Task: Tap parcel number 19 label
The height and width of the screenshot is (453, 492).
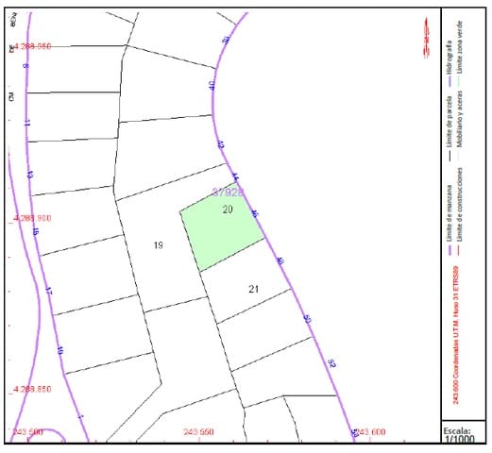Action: tap(159, 245)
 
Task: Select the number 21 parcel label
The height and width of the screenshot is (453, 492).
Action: tap(253, 288)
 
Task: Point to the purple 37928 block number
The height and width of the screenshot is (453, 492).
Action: tap(228, 192)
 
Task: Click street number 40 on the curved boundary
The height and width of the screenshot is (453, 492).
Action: tap(212, 85)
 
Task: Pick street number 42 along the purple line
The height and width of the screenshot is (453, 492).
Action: tap(220, 145)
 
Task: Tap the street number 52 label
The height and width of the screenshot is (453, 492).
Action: tap(331, 362)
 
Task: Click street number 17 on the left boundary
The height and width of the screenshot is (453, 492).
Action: tap(48, 292)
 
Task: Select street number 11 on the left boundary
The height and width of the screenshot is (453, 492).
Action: tap(27, 123)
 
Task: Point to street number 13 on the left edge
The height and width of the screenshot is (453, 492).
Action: tap(31, 176)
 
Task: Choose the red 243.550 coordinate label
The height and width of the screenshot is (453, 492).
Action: tap(198, 431)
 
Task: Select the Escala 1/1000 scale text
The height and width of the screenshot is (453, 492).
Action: tap(461, 435)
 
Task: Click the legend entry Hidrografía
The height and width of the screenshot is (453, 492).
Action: tap(448, 57)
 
